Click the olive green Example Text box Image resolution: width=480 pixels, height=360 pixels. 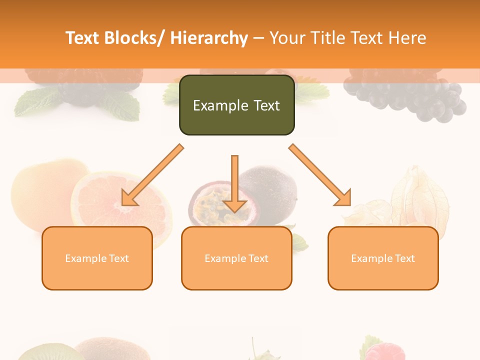[x=236, y=105]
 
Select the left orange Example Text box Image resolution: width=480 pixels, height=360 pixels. [x=97, y=258]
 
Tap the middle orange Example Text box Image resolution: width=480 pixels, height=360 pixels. [x=236, y=258]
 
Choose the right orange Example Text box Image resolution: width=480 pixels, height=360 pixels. [x=383, y=258]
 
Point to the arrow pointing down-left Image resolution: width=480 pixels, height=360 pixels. [x=152, y=175]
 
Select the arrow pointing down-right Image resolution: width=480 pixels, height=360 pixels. [x=320, y=175]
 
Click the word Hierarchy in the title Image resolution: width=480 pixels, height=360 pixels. [x=209, y=38]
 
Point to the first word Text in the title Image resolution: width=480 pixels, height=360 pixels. [x=84, y=38]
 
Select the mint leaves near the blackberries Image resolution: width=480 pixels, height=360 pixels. [x=35, y=102]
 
